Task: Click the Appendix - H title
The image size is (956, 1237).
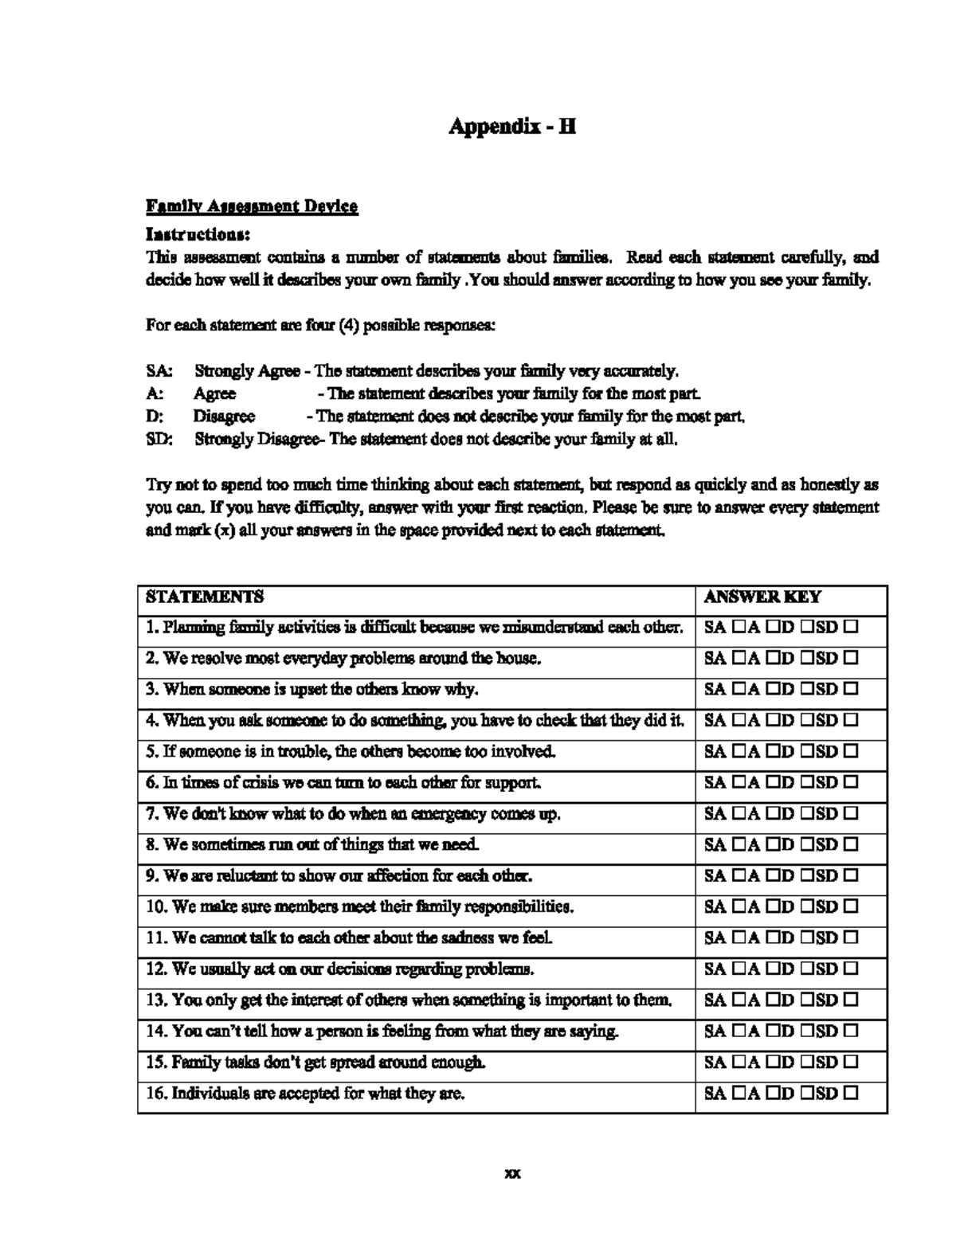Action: [x=511, y=126]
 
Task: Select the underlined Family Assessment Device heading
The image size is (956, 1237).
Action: [x=252, y=207]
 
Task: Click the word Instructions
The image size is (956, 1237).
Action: [x=198, y=234]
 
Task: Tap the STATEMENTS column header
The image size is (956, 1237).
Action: [x=205, y=597]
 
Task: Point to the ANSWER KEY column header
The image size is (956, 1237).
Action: [x=762, y=597]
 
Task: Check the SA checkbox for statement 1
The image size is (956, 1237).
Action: [x=739, y=628]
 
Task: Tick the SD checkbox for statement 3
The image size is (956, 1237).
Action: [x=850, y=690]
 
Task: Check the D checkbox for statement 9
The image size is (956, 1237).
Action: [x=808, y=876]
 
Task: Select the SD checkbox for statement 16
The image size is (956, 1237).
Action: [x=850, y=1094]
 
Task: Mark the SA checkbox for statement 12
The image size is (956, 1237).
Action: [x=739, y=969]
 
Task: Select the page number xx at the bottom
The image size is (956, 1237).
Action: [x=512, y=1173]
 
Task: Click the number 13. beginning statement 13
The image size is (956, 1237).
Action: [x=157, y=1000]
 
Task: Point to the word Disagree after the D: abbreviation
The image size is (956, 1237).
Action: [x=224, y=417]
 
